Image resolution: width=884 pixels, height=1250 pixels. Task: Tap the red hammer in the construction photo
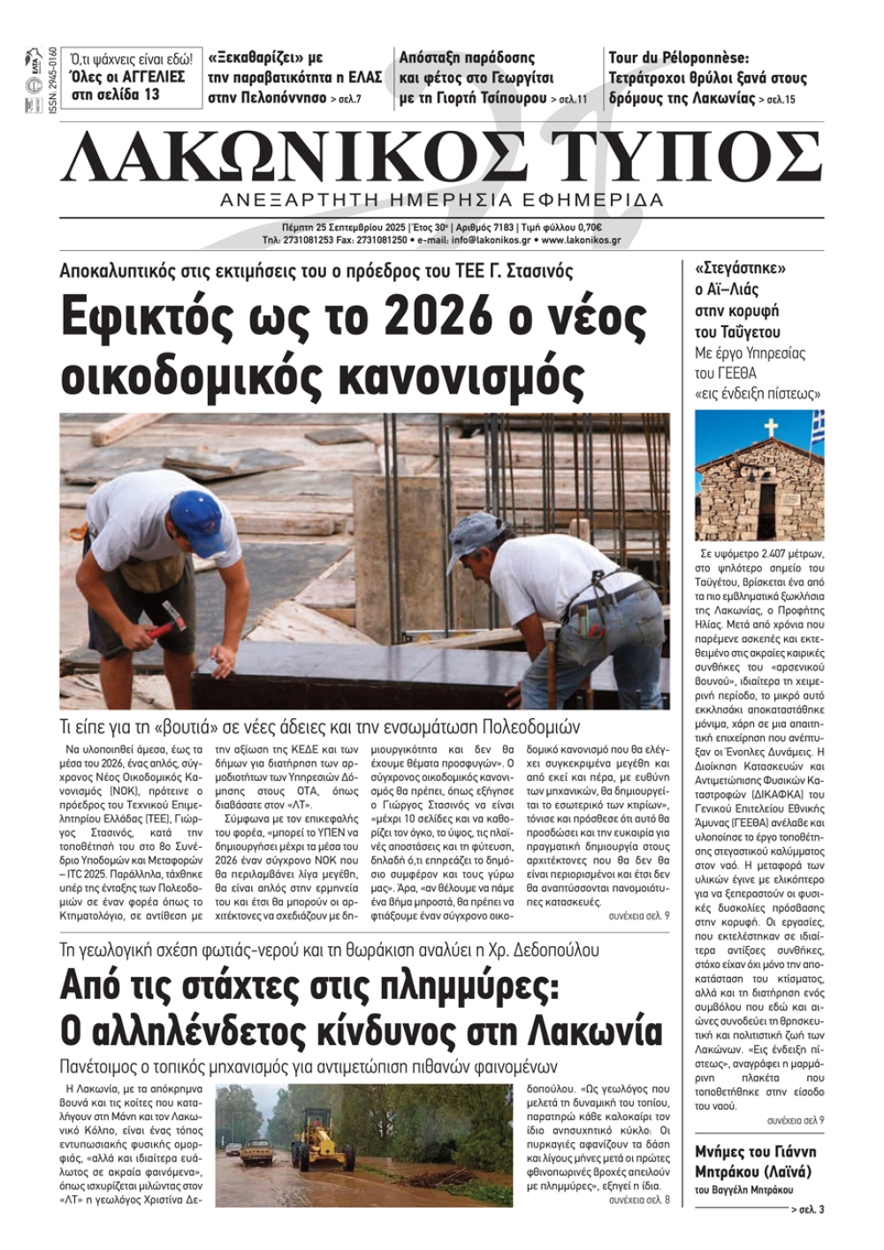click(x=167, y=622)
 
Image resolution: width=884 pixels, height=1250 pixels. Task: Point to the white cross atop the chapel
click(x=770, y=428)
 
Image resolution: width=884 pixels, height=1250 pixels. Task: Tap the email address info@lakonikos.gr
click(x=490, y=239)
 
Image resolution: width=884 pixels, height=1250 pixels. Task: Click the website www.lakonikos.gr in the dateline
click(x=581, y=239)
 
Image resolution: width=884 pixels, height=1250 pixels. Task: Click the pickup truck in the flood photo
click(x=255, y=1151)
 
